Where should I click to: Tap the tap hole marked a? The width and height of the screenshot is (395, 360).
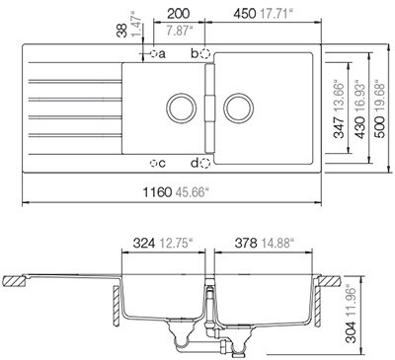point(153,53)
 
